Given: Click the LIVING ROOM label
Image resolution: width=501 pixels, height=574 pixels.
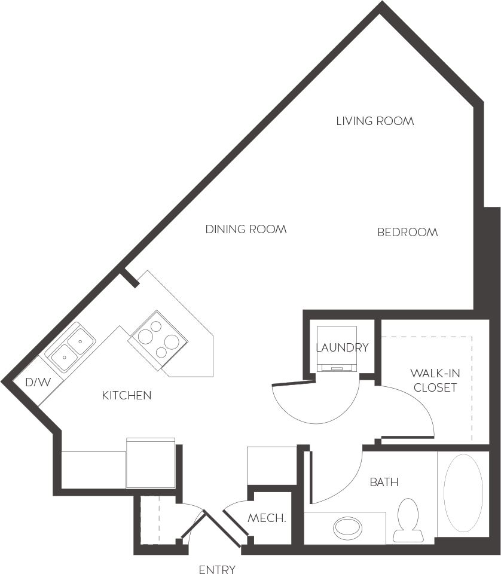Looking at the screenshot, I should coord(375,121).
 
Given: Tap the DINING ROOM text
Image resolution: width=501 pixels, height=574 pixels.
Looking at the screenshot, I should coord(246,230).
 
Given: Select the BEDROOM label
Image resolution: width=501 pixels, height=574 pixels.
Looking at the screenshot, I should coord(407,233).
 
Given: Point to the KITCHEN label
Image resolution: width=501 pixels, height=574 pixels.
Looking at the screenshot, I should coord(126,395).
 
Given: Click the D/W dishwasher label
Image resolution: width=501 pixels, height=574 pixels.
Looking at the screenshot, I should coord(38,382).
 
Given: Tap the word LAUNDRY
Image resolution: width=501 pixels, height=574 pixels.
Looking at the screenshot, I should coord(341,347).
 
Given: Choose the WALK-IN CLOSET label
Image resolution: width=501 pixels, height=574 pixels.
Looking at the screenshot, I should coord(435,380).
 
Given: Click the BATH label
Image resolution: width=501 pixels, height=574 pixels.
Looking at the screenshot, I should coord(384,482).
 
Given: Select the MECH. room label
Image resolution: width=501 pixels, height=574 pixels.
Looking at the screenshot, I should coord(267,518).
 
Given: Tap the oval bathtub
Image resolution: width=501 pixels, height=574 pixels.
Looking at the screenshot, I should coord(463,494).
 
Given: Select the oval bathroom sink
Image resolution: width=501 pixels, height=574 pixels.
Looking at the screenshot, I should coord(347,527).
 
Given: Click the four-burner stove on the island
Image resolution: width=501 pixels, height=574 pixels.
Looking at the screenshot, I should coord(158,338).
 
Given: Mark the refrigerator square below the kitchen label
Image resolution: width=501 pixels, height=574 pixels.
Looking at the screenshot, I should coord(150,463).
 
